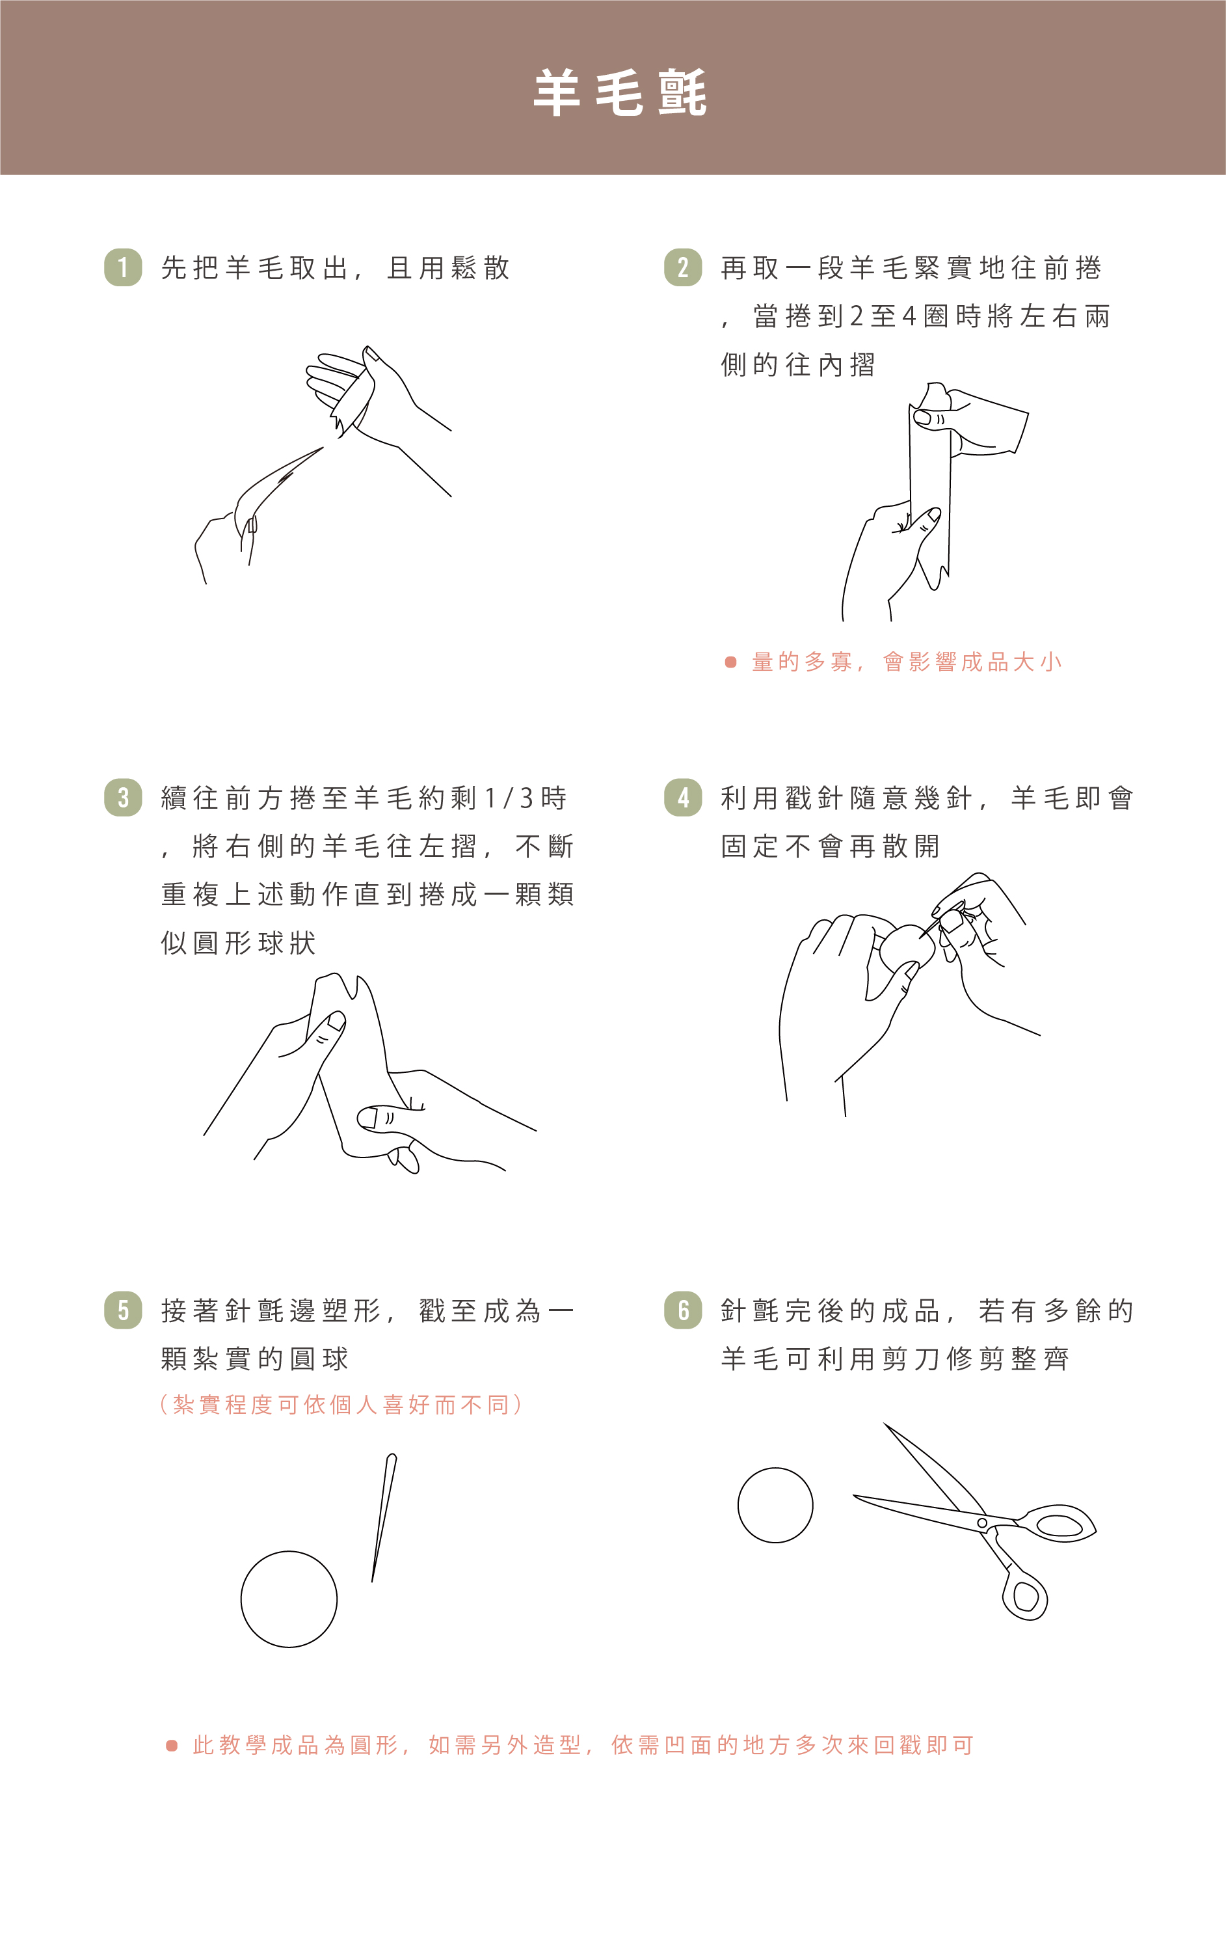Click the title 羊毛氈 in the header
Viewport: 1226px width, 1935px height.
(x=619, y=92)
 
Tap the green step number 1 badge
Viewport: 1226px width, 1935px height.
(x=123, y=267)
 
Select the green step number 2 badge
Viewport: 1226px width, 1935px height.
(x=683, y=267)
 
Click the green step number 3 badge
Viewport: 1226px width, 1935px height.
(x=123, y=797)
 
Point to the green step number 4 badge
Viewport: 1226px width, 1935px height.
(x=683, y=797)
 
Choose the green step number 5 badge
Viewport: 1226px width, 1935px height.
(x=123, y=1310)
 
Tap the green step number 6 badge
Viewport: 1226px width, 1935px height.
(x=683, y=1310)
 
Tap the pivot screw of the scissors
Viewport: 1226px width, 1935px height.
(x=981, y=1522)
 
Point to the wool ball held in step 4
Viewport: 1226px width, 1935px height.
(x=908, y=948)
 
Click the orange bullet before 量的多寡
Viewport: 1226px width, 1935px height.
(x=730, y=662)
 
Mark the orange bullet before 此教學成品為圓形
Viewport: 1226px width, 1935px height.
(x=171, y=1746)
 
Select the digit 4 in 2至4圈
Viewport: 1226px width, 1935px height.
(x=909, y=316)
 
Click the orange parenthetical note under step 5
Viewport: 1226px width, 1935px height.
(x=341, y=1405)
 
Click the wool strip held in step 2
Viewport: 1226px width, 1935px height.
(x=930, y=490)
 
